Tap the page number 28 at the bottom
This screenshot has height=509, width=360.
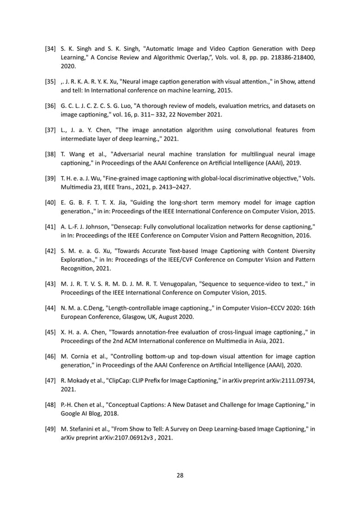tap(180, 476)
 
